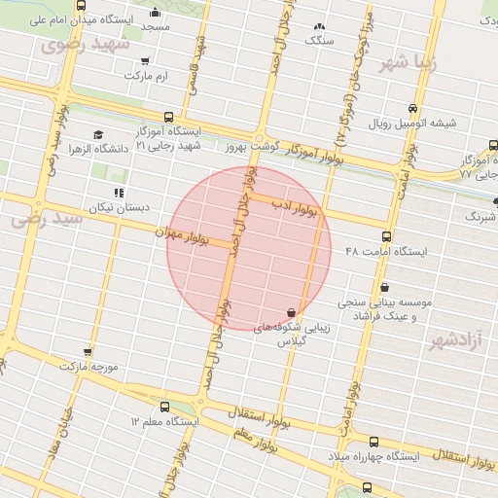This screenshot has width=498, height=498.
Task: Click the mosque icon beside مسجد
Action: click(x=156, y=13)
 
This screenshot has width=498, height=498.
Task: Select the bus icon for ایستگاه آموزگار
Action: click(x=169, y=116)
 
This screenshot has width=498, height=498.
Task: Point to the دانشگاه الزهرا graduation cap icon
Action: click(x=97, y=135)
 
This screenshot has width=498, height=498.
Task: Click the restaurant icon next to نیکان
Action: click(x=119, y=193)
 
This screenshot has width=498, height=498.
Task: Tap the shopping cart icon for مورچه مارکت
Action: click(x=89, y=352)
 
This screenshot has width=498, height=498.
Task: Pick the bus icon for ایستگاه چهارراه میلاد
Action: click(x=374, y=442)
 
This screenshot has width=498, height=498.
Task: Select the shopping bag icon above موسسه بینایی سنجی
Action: click(x=386, y=287)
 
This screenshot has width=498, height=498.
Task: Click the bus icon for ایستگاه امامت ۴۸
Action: click(x=387, y=236)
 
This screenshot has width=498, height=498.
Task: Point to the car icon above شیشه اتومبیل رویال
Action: click(x=415, y=108)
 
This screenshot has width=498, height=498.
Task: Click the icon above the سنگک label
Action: click(x=319, y=27)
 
